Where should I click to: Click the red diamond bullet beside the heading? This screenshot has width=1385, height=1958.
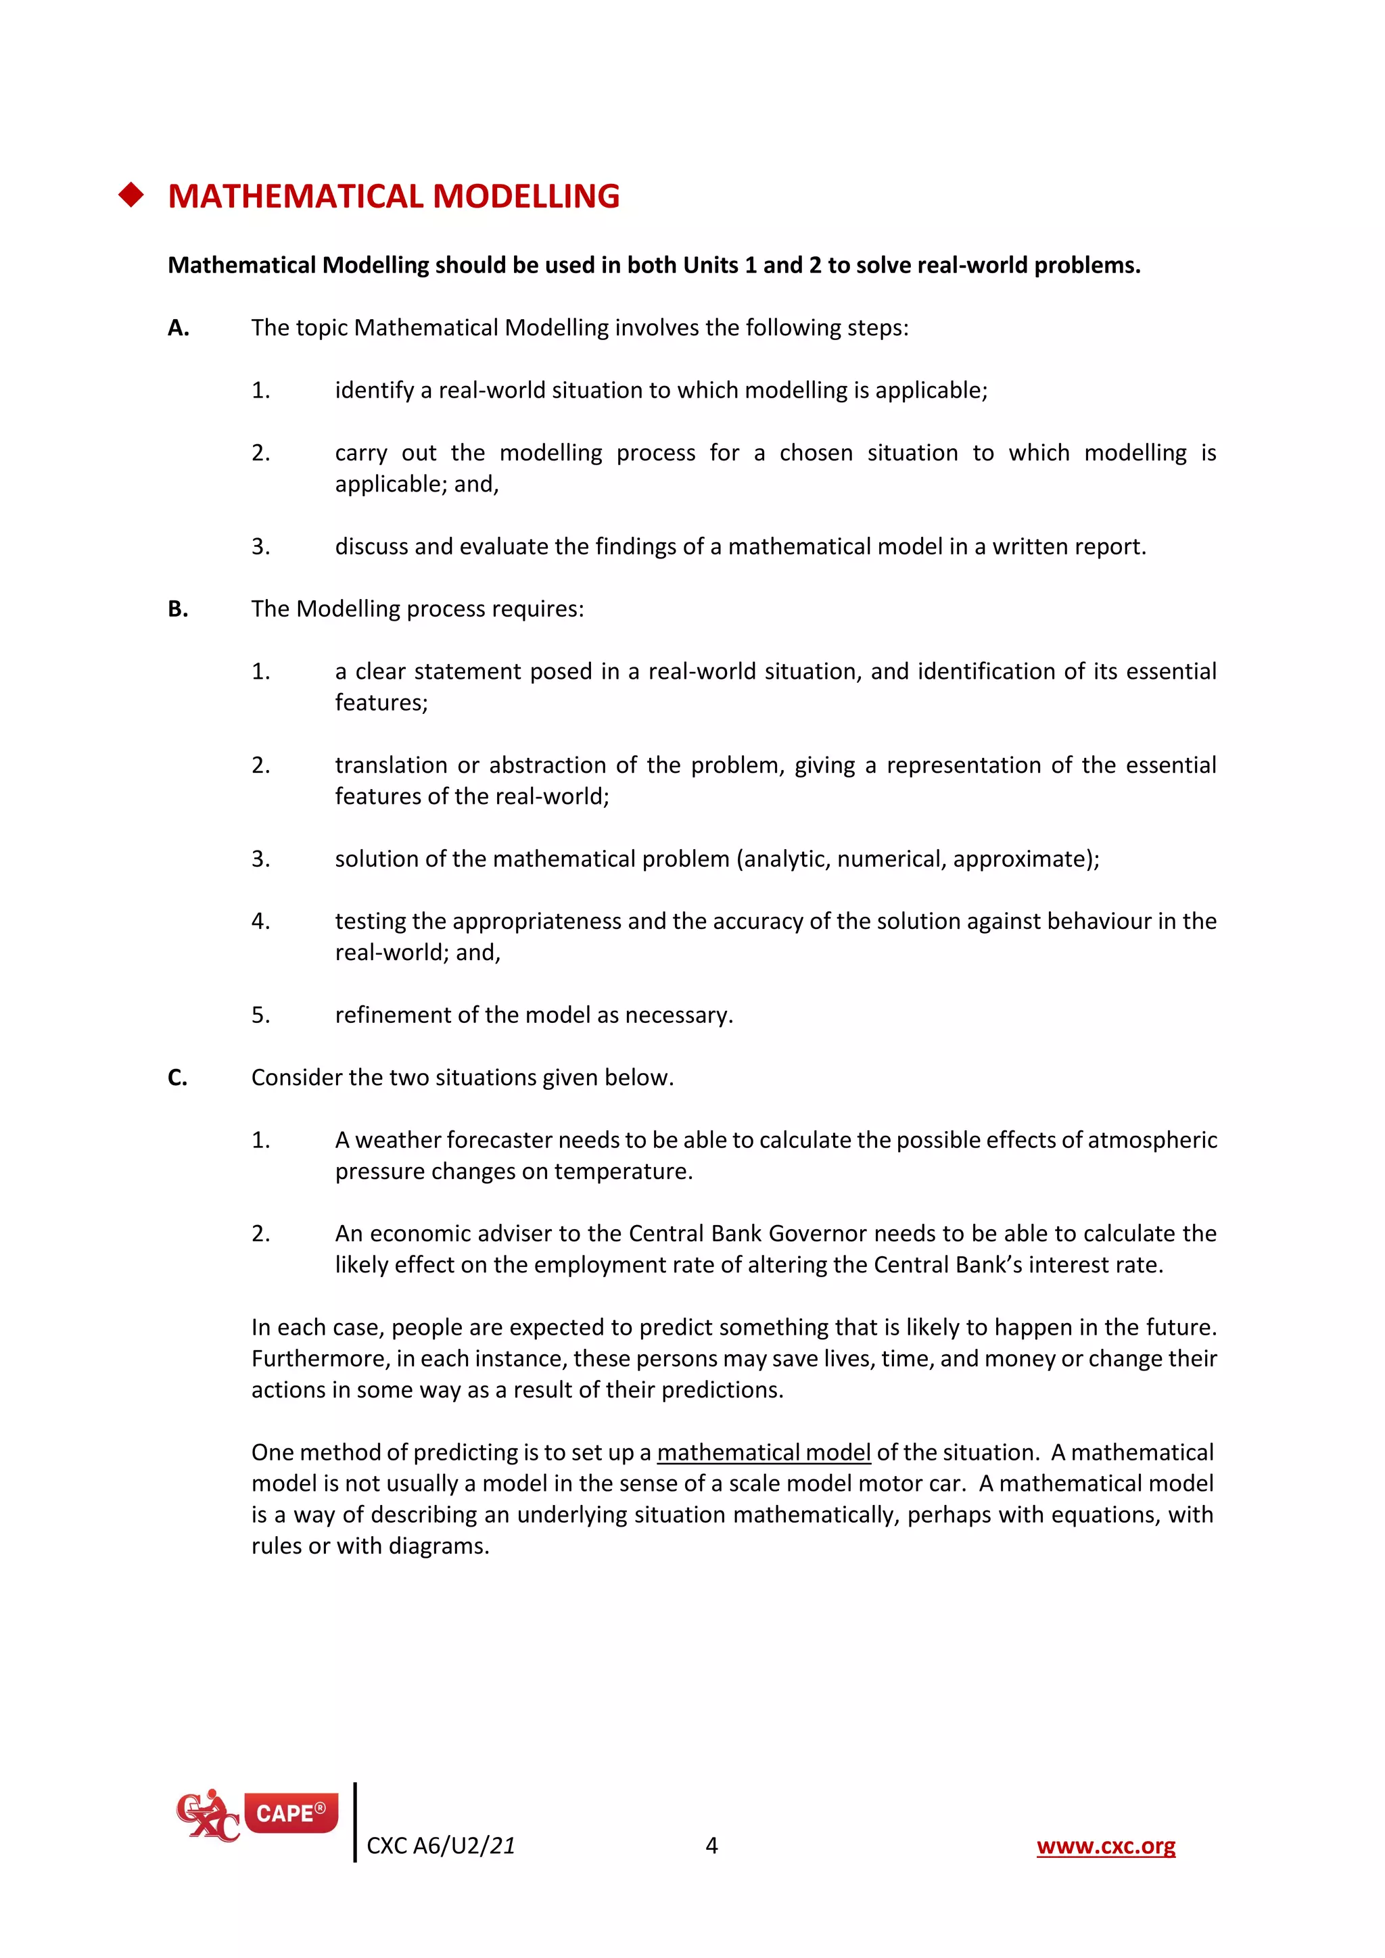pos(131,195)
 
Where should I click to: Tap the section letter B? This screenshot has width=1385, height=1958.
pos(177,610)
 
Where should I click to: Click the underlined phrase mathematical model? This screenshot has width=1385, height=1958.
pos(764,1453)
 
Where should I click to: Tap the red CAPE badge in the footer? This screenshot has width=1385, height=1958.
pos(291,1813)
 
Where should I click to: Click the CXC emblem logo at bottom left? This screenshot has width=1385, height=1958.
pos(206,1817)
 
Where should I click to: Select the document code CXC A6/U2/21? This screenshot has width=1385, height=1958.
pos(441,1847)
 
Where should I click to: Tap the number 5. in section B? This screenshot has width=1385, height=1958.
pos(260,1016)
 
